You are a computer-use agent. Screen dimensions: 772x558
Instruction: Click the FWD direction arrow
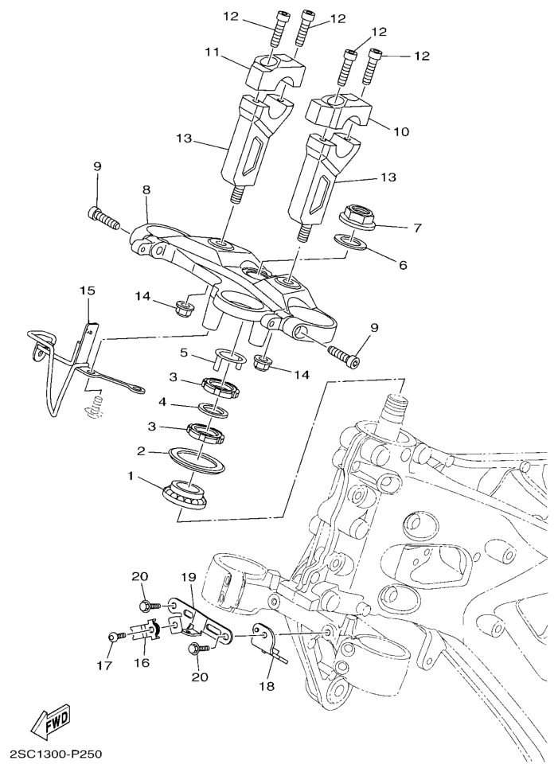(x=51, y=722)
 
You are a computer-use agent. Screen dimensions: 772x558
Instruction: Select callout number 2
(x=141, y=450)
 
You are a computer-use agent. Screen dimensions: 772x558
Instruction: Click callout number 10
(x=400, y=131)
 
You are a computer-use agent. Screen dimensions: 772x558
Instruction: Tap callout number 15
(x=87, y=290)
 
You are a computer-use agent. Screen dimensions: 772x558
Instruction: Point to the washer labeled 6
(x=351, y=240)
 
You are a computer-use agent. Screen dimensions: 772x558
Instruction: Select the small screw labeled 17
(x=112, y=637)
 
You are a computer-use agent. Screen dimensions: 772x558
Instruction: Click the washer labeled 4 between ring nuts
(x=211, y=411)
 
